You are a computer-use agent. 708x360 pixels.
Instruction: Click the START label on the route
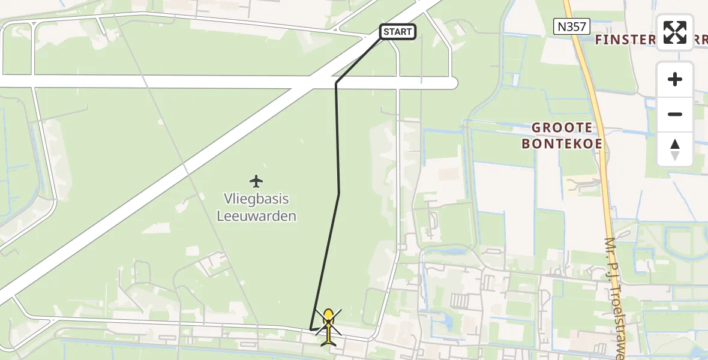coord(397,32)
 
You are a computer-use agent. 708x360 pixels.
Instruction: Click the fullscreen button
coord(675,32)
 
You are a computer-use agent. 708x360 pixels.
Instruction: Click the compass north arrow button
coord(675,149)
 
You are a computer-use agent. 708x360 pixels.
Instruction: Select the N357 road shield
coord(572,26)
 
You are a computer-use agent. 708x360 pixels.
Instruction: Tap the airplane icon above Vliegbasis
coord(257,180)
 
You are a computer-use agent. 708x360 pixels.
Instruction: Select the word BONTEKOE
coord(562,144)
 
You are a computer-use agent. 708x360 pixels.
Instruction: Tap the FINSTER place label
coord(624,40)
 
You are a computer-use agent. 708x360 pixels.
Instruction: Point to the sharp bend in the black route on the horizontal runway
coord(336,83)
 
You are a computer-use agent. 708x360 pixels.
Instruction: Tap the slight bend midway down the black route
coord(339,193)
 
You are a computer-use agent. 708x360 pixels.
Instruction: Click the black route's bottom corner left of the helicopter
coord(311,329)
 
